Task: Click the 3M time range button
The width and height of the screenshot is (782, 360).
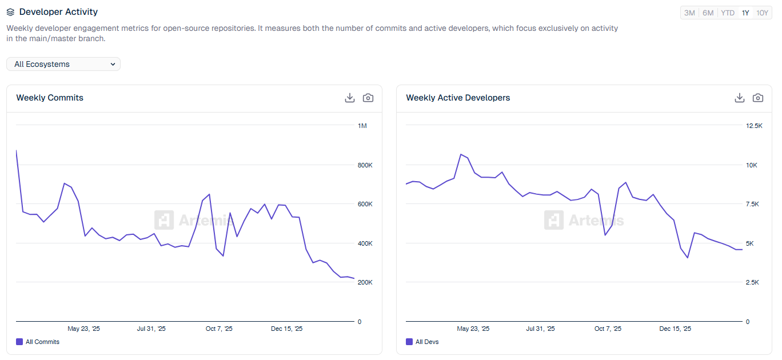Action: (689, 13)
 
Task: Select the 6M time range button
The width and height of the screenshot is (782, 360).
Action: (708, 13)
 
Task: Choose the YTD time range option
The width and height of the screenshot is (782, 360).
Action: (727, 13)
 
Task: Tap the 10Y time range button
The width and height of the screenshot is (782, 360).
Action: (762, 13)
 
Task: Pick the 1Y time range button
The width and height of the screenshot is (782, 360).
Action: (745, 13)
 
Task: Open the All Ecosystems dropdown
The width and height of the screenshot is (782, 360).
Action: (63, 64)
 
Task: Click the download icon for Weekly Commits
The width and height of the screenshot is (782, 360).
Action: (350, 98)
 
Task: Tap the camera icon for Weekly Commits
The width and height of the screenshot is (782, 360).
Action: (368, 98)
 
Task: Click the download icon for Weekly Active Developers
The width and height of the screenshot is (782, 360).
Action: (740, 98)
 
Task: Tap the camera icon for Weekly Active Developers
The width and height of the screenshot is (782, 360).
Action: (758, 98)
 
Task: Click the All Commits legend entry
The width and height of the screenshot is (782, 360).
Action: (38, 342)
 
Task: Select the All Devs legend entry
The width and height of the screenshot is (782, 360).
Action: (422, 342)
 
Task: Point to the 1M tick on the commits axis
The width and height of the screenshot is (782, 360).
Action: (362, 126)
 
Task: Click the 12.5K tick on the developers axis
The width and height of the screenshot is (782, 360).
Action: (755, 126)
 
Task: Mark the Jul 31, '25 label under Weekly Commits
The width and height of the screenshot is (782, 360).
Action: (151, 329)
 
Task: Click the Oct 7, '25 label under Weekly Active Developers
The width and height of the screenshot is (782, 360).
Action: (608, 329)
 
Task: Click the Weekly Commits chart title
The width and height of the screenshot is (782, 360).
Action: (50, 98)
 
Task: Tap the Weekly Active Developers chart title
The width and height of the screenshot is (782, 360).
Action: (458, 98)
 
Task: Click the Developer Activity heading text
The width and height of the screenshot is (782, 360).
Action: (58, 11)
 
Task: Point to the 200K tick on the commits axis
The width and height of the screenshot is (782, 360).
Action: (365, 282)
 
